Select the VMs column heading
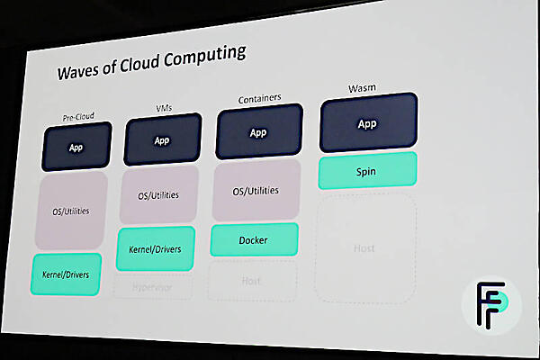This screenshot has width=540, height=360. coord(162,108)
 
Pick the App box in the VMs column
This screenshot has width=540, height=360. coord(162,140)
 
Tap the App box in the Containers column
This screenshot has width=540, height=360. coord(258,133)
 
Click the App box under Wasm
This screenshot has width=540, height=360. coord(367,125)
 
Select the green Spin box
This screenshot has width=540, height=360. coord(367,170)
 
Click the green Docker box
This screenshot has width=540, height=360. coord(254,240)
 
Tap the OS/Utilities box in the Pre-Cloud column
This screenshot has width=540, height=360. coord(70,211)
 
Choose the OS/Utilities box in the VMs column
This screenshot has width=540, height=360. coord(158,194)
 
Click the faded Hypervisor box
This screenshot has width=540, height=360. coord(154,288)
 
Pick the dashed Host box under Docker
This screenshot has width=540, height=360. coord(251,281)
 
